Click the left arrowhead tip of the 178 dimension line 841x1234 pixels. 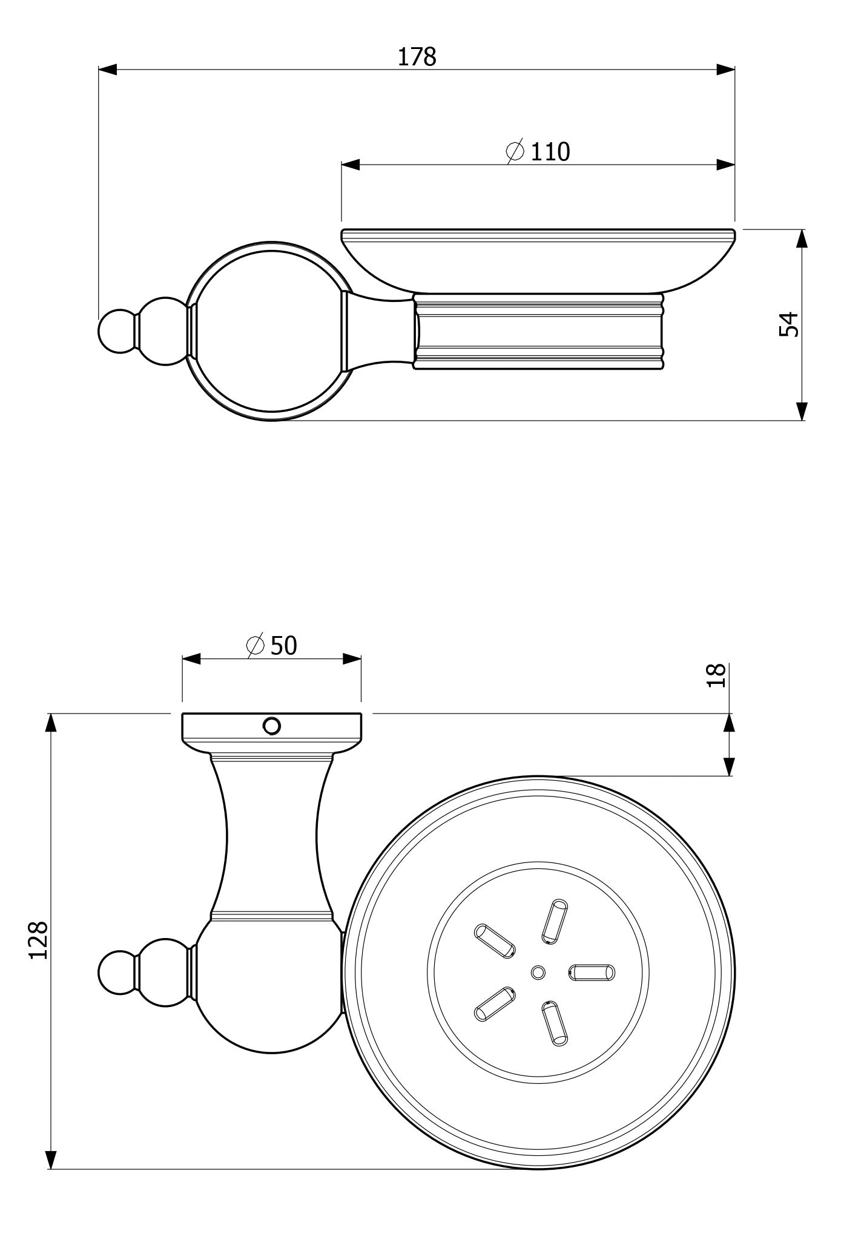(99, 70)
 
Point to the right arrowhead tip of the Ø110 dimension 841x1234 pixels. (735, 165)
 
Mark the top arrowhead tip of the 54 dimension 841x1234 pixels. (802, 229)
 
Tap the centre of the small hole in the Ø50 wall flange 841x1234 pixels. (271, 725)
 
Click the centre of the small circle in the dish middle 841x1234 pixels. (538, 972)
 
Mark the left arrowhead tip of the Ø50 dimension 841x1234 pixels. (182, 659)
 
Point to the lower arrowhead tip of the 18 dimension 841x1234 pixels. (729, 776)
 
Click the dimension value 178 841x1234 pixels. (417, 57)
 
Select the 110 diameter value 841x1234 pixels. (550, 152)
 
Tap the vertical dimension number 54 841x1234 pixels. (790, 324)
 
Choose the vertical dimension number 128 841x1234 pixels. (38, 940)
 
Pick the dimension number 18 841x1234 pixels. (716, 675)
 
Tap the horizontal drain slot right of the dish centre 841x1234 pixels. (592, 973)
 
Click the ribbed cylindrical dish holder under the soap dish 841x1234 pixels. (539, 331)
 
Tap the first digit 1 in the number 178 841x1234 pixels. (403, 57)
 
